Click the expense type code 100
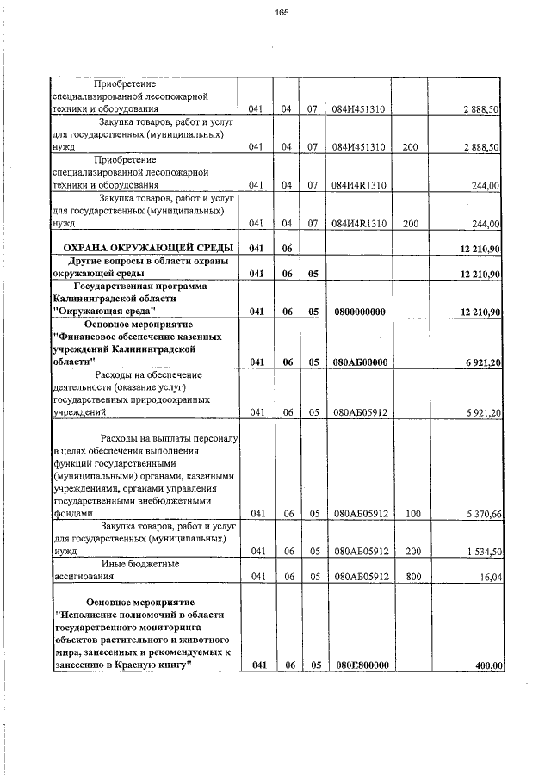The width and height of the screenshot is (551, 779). [412, 514]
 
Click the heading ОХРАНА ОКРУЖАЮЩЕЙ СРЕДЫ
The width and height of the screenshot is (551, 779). [143, 249]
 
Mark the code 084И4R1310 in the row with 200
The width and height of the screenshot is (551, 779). [361, 224]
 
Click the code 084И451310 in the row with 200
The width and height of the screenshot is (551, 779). [361, 147]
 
